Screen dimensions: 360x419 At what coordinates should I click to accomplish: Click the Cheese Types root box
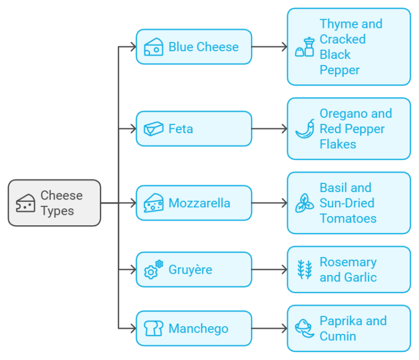[55, 203]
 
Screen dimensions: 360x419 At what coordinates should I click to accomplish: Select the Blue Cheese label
[203, 47]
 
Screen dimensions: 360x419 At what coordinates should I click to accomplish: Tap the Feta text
[181, 129]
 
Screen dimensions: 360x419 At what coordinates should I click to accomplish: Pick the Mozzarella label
[199, 203]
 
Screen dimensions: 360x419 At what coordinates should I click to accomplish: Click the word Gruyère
[190, 269]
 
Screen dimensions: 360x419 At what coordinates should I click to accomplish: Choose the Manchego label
[198, 328]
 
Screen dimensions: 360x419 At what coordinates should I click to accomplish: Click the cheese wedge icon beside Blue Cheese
[153, 47]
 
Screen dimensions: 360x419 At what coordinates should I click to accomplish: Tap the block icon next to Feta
[153, 129]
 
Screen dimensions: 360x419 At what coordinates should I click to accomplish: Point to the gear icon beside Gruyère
[153, 269]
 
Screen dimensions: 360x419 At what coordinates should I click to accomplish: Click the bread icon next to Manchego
[153, 328]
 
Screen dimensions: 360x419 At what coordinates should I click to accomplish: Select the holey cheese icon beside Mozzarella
[153, 203]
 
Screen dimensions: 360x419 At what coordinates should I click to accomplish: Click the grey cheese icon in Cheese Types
[26, 203]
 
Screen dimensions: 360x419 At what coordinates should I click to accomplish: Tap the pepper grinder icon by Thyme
[305, 47]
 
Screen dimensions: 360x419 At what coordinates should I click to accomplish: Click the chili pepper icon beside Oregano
[305, 129]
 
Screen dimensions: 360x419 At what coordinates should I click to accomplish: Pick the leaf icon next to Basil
[304, 203]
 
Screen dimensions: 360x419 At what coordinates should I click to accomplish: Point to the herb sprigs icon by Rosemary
[304, 269]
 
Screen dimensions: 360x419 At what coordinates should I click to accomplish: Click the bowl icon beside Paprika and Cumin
[304, 328]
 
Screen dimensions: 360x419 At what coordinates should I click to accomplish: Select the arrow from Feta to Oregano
[270, 129]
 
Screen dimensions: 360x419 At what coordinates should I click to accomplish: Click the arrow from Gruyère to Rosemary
[270, 269]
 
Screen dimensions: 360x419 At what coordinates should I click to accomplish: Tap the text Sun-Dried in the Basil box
[347, 203]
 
